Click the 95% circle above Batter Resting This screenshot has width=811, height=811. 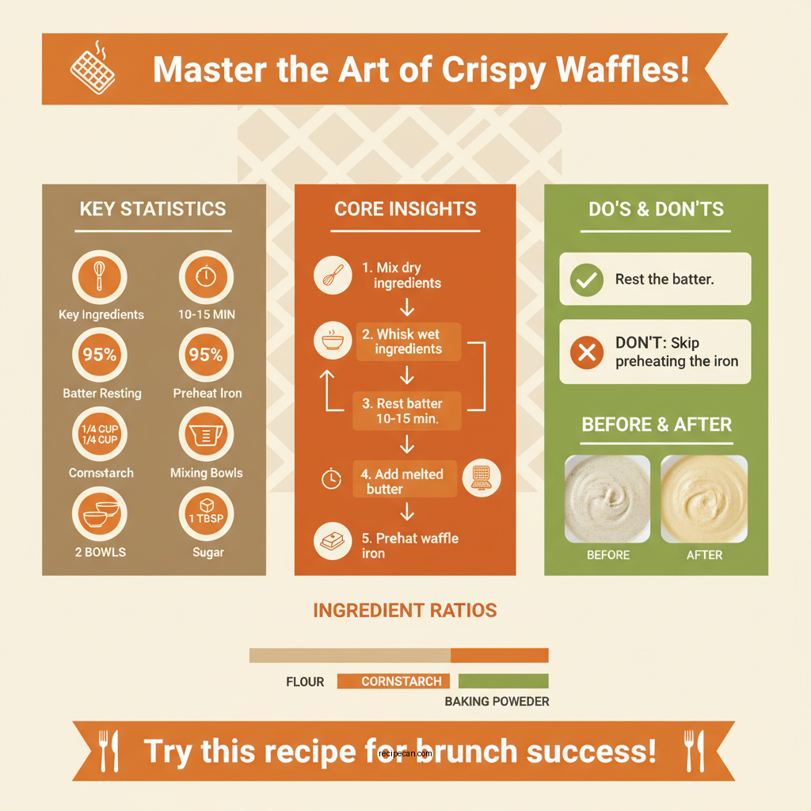tap(101, 355)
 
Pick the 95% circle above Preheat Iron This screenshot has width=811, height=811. tap(206, 355)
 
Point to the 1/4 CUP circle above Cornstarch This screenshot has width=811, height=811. tap(101, 434)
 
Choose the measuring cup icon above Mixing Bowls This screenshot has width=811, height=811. tap(206, 434)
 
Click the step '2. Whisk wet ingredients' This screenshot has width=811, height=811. tap(408, 341)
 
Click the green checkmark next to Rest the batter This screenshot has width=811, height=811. tap(587, 280)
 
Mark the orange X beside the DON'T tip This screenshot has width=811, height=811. tap(587, 352)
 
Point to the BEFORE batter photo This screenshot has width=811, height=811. tap(607, 499)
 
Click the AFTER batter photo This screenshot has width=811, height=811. tap(704, 499)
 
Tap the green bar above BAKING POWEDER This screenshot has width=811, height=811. tap(503, 681)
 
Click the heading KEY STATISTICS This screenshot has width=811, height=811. tap(153, 209)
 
